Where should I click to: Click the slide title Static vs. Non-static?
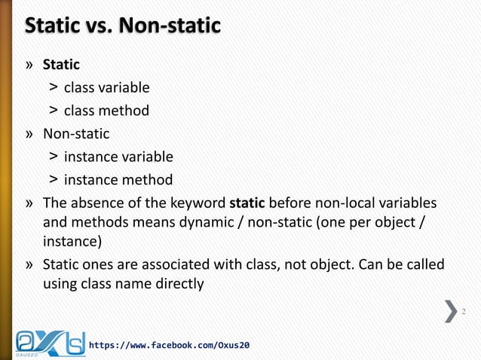click(123, 27)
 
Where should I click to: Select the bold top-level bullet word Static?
click(61, 65)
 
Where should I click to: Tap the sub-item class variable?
click(106, 88)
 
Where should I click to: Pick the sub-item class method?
click(106, 111)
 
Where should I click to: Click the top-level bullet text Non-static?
click(76, 134)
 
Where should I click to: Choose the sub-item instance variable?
click(118, 157)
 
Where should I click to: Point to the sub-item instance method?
click(118, 180)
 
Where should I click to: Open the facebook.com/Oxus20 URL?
click(170, 345)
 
